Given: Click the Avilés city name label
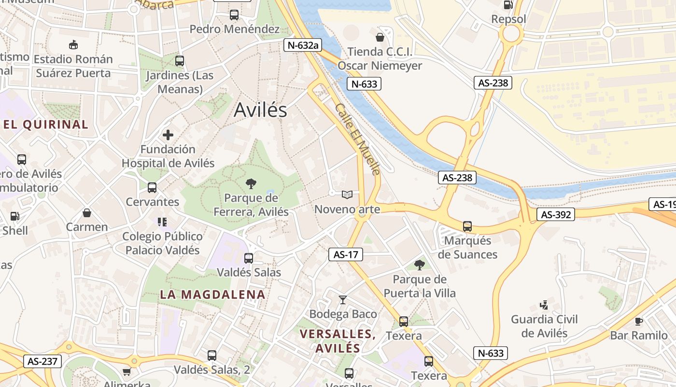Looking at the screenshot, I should click(260, 110).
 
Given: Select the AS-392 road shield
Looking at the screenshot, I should click(556, 214).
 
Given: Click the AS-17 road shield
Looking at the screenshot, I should click(345, 254).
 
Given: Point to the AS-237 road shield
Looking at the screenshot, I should click(42, 361).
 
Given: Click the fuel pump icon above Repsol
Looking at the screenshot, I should click(508, 5).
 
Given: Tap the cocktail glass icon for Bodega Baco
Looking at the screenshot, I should click(343, 300).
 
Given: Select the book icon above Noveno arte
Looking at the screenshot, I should click(347, 194).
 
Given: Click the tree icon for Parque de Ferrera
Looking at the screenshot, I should click(251, 184).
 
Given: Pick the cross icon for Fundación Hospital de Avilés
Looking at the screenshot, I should click(168, 135).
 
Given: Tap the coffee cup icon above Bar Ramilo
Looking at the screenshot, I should click(638, 321).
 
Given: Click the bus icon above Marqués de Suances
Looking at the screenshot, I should click(467, 226).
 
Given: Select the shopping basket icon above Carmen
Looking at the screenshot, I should click(87, 213).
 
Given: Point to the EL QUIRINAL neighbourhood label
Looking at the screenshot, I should click(46, 124).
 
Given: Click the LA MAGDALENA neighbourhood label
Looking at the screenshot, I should click(212, 294).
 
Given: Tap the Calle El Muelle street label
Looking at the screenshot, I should click(358, 139).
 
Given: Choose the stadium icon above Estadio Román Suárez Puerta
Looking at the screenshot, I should click(73, 45).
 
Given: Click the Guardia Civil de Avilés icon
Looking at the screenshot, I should click(544, 305).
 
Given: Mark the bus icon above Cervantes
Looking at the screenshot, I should click(152, 188).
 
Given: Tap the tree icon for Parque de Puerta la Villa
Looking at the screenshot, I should click(420, 265).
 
